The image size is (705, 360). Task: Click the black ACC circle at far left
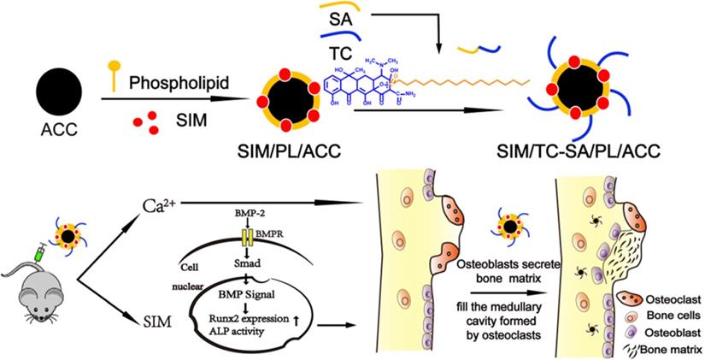pos(59,91)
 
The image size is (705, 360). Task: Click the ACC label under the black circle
pos(58,136)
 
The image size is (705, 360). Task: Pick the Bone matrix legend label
pos(667,349)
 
